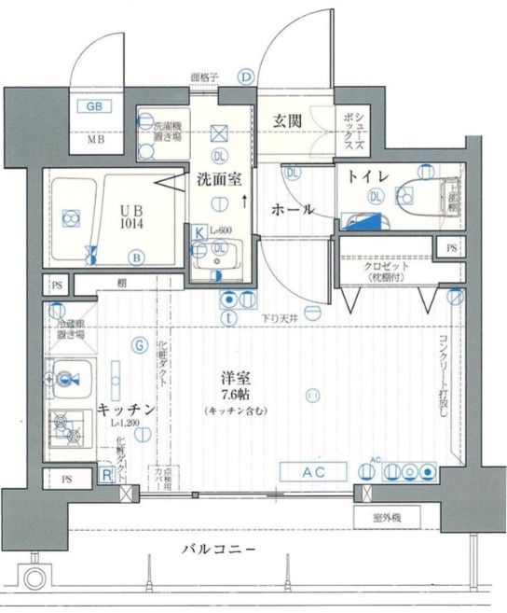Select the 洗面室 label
[x=218, y=181]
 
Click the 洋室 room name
[x=235, y=379]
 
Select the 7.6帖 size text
[x=235, y=395]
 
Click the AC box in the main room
[x=313, y=472]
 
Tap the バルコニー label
[x=218, y=550]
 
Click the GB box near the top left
[x=94, y=105]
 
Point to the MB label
[x=95, y=141]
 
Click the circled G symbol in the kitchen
[x=139, y=346]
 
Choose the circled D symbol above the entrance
[x=246, y=77]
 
